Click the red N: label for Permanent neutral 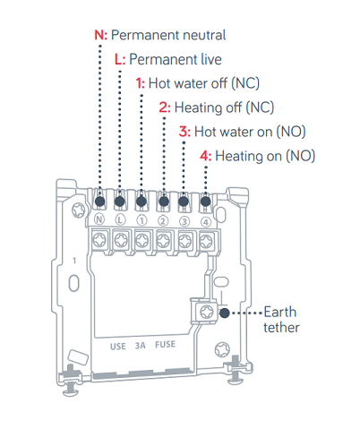pos(100,35)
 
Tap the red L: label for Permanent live pos(120,59)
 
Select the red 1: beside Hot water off pos(141,83)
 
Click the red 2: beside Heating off pos(165,107)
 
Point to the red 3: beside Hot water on pos(184,132)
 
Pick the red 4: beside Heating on pos(206,156)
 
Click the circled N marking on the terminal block pos(99,219)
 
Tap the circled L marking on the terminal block pos(120,220)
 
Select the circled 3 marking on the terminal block pos(184,222)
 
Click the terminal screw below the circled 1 pos(141,240)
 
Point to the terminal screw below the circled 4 pos(206,241)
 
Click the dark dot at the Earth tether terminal pos(225,313)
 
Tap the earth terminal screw pos(207,313)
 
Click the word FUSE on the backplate pos(165,345)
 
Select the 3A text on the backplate pos(141,346)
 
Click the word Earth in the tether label pos(280,313)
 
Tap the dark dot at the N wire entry pos(100,202)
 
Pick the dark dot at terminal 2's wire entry pos(164,202)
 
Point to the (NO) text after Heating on pos(301,156)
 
